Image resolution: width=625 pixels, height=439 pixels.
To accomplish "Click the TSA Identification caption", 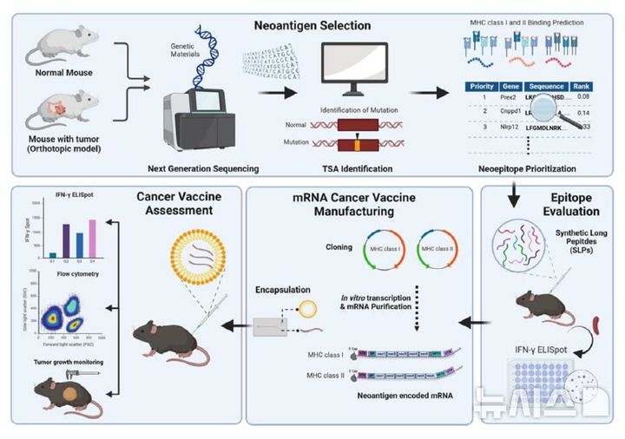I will [351, 167].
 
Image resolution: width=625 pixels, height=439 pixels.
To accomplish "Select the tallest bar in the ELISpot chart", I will [92, 233].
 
